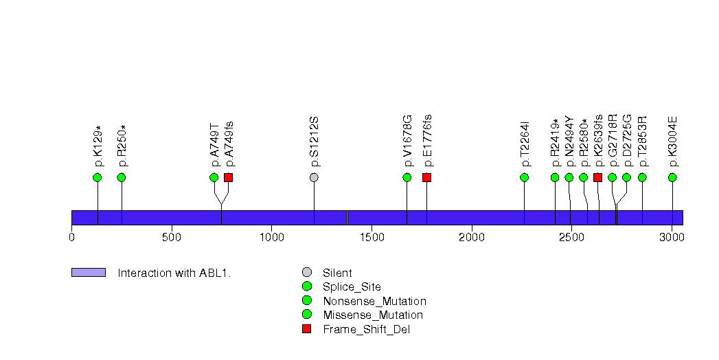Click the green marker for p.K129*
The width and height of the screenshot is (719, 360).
click(97, 177)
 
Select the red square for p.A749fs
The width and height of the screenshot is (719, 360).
click(228, 177)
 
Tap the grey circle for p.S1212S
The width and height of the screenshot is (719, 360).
click(314, 177)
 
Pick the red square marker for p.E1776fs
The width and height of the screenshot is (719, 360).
click(426, 177)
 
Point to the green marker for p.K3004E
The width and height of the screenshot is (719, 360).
click(672, 177)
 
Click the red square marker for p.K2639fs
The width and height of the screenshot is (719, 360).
click(597, 177)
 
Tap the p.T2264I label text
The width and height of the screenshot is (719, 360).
click(525, 144)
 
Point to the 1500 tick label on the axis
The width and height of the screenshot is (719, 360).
click(371, 237)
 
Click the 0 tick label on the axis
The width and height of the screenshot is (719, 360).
click(71, 237)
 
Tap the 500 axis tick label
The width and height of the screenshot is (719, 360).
click(172, 237)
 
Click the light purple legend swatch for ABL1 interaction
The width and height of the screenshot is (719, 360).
click(89, 273)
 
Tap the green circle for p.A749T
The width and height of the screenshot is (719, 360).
click(214, 177)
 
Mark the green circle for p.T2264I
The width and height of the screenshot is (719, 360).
click(525, 177)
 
